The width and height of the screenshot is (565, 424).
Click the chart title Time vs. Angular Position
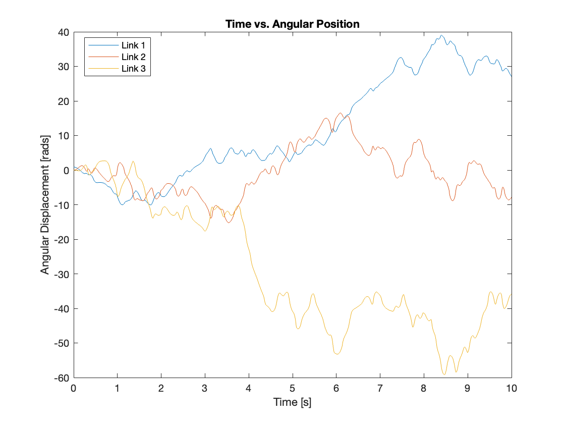click(x=292, y=24)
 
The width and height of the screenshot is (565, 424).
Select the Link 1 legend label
click(x=133, y=45)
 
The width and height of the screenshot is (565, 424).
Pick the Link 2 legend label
click(x=133, y=57)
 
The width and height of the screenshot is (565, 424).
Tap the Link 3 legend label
click(x=133, y=69)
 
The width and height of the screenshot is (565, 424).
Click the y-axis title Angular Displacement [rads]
click(x=45, y=205)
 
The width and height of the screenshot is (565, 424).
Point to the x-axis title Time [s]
click(x=292, y=402)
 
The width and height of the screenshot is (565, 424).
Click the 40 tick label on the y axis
click(x=64, y=32)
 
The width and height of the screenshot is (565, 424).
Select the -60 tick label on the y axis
click(x=62, y=378)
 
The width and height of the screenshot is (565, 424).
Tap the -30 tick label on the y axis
click(x=62, y=274)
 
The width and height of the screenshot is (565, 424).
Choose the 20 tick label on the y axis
click(x=64, y=101)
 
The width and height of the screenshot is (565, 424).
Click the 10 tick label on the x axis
click(x=512, y=388)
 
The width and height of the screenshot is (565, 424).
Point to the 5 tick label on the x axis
click(x=293, y=388)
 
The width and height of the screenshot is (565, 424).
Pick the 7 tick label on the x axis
click(x=380, y=388)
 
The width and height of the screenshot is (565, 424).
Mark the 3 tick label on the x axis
click(x=205, y=388)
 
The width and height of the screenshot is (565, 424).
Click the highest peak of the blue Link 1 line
click(x=441, y=35)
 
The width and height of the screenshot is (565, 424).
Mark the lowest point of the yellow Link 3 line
click(x=444, y=374)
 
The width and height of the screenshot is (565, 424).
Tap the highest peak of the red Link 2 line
click(x=341, y=113)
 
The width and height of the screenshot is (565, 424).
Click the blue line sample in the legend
click(x=103, y=45)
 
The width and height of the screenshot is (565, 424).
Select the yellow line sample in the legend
click(x=103, y=69)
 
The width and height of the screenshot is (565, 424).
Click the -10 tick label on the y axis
click(x=62, y=205)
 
